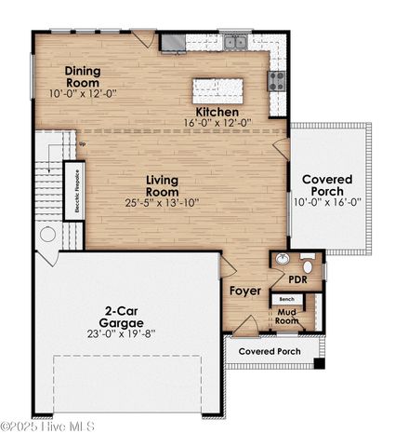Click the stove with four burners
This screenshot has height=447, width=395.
(276, 81)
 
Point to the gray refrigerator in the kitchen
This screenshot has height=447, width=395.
(172, 42)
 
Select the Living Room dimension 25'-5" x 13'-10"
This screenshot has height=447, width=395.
(162, 201)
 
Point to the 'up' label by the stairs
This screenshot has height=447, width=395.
(82, 143)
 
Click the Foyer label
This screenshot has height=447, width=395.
(245, 291)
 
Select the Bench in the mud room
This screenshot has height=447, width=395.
(286, 299)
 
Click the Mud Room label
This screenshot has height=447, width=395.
(286, 316)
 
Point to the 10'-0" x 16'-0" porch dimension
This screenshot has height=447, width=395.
(330, 201)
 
